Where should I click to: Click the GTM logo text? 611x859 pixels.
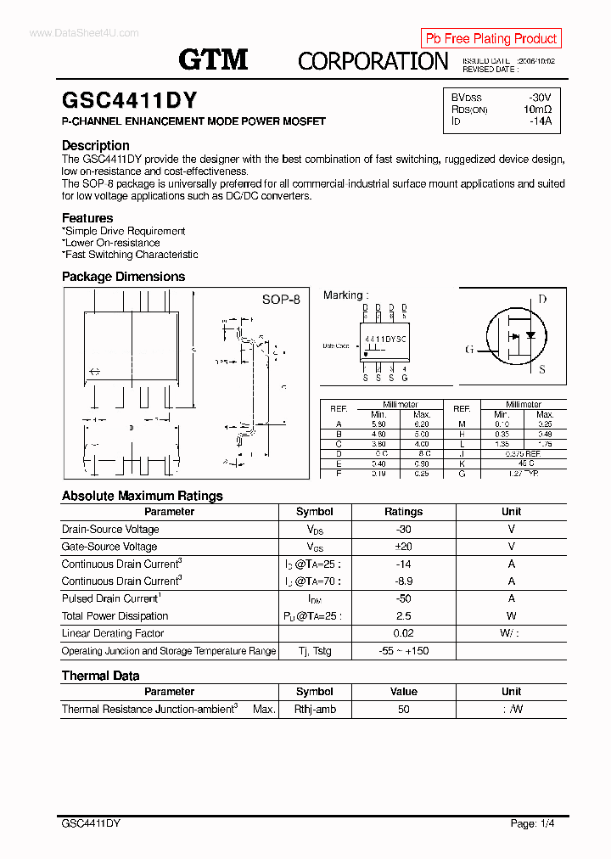[213, 59]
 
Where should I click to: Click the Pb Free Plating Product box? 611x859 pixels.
[490, 38]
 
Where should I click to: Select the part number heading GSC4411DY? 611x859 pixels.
[130, 100]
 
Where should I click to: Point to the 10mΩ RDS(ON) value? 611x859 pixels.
[537, 109]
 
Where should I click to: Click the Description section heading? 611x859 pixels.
[96, 145]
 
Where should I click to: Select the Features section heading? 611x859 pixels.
[87, 218]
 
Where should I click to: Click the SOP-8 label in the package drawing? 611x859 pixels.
[280, 300]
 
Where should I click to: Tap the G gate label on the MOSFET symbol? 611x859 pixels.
[469, 350]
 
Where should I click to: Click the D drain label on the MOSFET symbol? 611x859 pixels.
[542, 300]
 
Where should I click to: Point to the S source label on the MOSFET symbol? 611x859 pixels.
[542, 370]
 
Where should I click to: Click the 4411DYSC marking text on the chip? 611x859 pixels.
[385, 339]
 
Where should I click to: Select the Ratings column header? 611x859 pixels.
[403, 512]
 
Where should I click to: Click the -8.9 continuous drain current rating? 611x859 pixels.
[403, 581]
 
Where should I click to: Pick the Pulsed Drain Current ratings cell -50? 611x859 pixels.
[403, 598]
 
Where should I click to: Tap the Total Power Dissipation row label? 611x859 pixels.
[115, 616]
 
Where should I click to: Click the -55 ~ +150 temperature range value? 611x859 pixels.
[403, 651]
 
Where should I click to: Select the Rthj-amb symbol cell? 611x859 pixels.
[315, 710]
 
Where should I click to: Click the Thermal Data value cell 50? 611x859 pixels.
[403, 710]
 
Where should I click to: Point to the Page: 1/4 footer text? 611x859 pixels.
[533, 823]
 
